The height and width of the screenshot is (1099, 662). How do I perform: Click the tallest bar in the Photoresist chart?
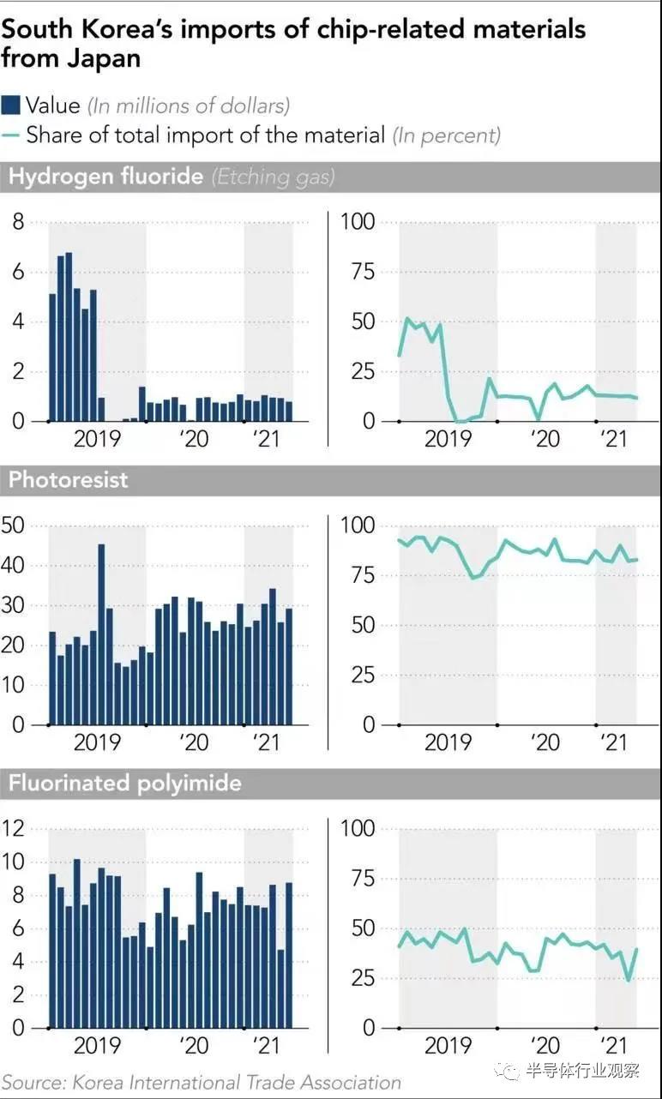(x=101, y=634)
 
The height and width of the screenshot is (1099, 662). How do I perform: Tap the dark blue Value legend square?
(x=11, y=105)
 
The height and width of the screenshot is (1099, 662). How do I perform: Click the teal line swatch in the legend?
(x=11, y=135)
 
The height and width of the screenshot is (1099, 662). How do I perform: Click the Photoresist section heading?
(x=68, y=479)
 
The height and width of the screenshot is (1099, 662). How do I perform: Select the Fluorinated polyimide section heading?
(x=124, y=783)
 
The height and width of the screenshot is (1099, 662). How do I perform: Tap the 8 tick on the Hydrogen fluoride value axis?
(x=17, y=222)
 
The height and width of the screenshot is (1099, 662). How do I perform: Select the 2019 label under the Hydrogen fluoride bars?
(x=96, y=439)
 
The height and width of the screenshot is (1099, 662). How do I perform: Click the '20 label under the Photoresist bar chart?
(x=195, y=742)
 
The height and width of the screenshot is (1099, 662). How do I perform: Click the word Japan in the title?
(x=107, y=59)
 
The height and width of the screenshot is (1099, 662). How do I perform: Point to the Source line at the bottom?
(x=201, y=1082)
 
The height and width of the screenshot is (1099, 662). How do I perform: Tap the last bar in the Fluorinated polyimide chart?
(x=289, y=954)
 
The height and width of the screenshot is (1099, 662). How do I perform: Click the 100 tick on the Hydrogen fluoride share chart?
(x=358, y=222)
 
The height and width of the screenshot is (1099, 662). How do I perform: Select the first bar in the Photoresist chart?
(x=52, y=678)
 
